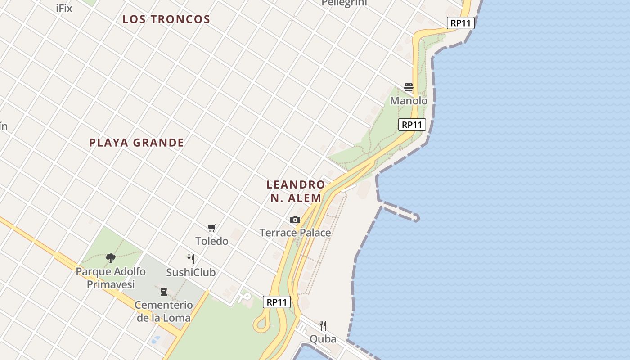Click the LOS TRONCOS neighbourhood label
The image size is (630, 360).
(x=166, y=19)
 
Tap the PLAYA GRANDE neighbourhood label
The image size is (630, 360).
(x=136, y=143)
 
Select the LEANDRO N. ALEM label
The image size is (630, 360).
(x=296, y=191)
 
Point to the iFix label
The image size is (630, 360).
(x=64, y=8)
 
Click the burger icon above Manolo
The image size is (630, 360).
(x=409, y=87)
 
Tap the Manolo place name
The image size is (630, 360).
(x=409, y=101)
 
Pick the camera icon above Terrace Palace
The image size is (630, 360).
(x=295, y=220)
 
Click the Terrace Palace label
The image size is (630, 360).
(x=295, y=233)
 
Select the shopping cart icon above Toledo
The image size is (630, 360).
(x=212, y=228)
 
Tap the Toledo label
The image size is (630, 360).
(x=212, y=241)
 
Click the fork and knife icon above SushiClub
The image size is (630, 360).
(x=191, y=259)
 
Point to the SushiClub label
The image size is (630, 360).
(x=191, y=272)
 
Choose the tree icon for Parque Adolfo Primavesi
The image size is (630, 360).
(x=111, y=258)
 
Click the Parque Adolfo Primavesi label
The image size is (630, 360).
(x=111, y=278)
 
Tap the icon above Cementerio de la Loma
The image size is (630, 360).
(x=163, y=292)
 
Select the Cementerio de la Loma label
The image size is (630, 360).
(x=164, y=311)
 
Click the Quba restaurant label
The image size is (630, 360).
(x=323, y=339)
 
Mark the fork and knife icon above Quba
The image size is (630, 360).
(x=323, y=325)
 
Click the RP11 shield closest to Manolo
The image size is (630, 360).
(x=412, y=125)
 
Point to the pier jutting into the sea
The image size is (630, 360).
(x=400, y=212)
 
